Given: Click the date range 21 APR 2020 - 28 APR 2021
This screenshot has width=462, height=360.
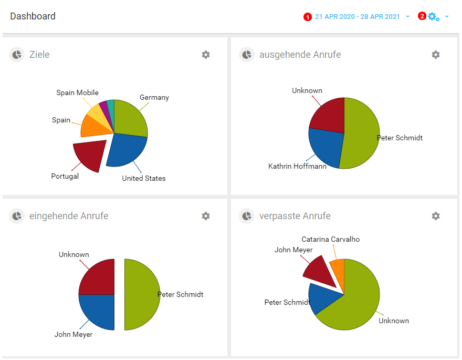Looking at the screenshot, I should tap(357, 17).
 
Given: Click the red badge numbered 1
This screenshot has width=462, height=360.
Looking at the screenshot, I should tap(308, 17).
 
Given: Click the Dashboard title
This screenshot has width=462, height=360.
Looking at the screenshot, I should tap(33, 16).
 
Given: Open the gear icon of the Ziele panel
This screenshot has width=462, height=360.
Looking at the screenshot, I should tap(206, 55).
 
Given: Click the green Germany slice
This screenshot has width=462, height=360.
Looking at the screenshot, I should tap(130, 118).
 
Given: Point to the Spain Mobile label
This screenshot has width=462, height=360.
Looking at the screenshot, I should tap(77, 93).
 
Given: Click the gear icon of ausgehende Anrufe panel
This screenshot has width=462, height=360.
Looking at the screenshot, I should tap(436, 55).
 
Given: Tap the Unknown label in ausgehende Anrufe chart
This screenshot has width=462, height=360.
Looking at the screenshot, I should tap(307, 91).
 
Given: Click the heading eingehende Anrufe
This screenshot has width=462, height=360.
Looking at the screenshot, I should tap(69, 216).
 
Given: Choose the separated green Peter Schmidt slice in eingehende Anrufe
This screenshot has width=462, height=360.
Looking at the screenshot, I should tap(141, 294).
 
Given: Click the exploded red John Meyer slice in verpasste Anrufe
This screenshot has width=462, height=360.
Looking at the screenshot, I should tap(320, 271).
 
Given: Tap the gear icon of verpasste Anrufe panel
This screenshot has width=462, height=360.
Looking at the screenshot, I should tap(436, 216).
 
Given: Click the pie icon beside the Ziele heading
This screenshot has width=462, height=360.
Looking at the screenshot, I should tap(17, 55).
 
